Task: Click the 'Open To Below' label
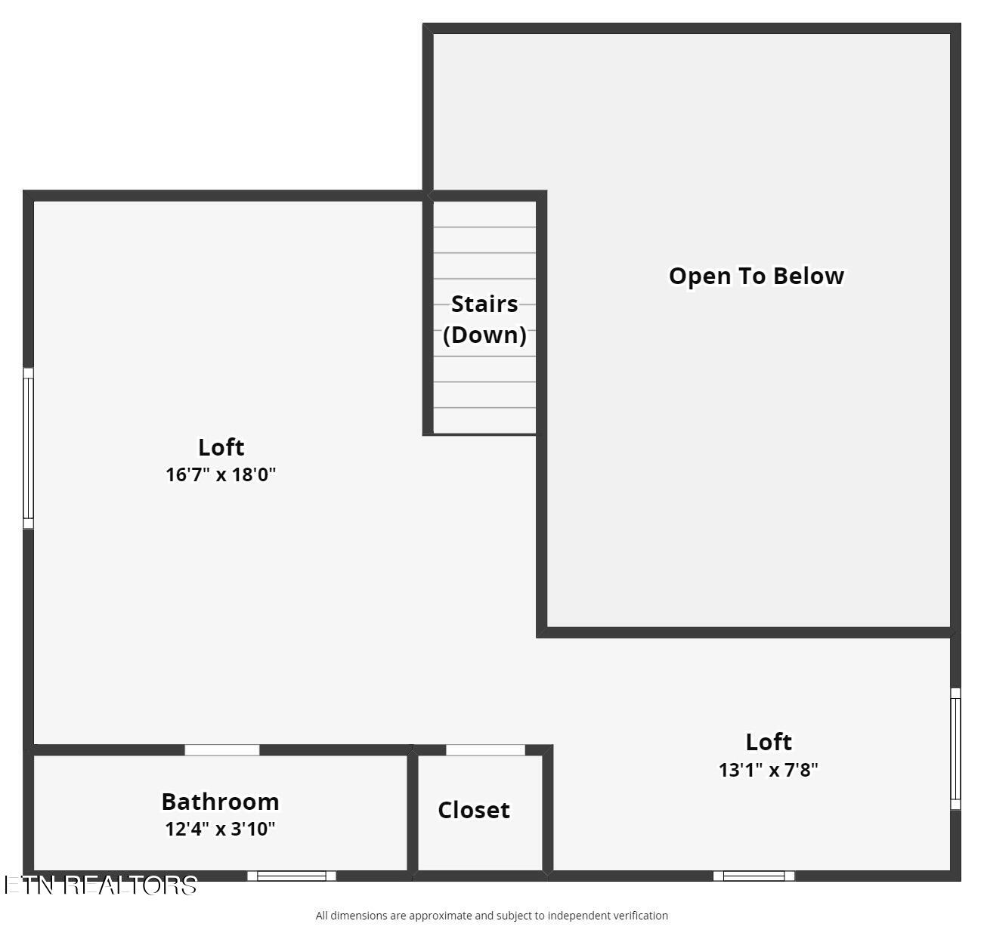click(756, 276)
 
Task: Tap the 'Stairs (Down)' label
click(484, 319)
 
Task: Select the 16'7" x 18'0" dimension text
click(221, 475)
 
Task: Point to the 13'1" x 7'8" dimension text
click(768, 770)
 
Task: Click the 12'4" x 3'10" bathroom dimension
click(220, 829)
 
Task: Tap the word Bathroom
click(220, 801)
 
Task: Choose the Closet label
click(474, 810)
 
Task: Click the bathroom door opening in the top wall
click(222, 750)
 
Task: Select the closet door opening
click(485, 750)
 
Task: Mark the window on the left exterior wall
click(28, 449)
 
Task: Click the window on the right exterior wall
click(955, 749)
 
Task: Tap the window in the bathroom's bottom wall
click(292, 876)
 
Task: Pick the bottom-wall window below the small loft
click(753, 876)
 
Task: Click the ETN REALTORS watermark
click(101, 885)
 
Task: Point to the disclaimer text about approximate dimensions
click(491, 916)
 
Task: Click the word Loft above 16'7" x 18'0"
click(221, 447)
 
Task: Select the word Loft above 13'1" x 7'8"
click(769, 742)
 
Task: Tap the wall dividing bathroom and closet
click(413, 812)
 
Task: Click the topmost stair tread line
click(484, 227)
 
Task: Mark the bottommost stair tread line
click(484, 408)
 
